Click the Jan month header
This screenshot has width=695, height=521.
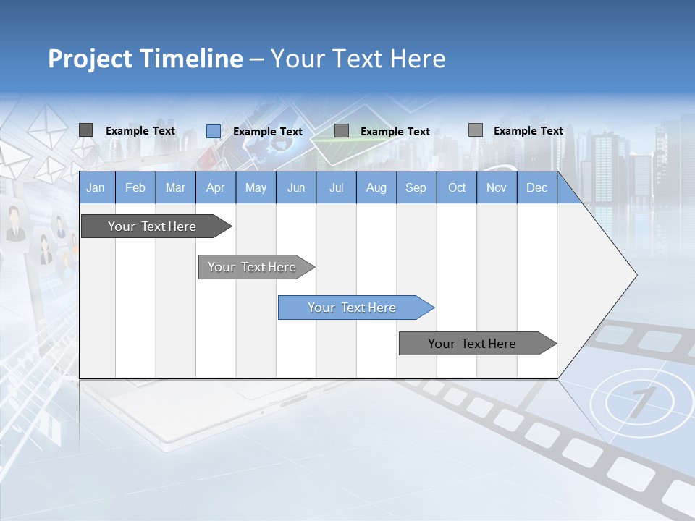pos(96,187)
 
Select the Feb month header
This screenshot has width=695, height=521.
pos(135,187)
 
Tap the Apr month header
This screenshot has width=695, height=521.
pos(215,187)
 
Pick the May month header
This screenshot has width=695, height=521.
pos(256,187)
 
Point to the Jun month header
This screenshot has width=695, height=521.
pos(296,187)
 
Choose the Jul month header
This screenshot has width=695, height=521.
pos(336,187)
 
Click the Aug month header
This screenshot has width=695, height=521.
pos(376,187)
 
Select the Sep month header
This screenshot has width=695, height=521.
pos(416,187)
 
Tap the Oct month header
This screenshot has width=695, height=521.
pos(457,187)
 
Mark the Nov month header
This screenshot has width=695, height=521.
pos(497,187)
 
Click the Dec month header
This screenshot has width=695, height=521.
pos(537,187)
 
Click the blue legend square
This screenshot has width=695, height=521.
pos(214,131)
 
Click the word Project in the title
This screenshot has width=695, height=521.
pos(88,59)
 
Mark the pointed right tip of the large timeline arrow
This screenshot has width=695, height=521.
pos(636,275)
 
